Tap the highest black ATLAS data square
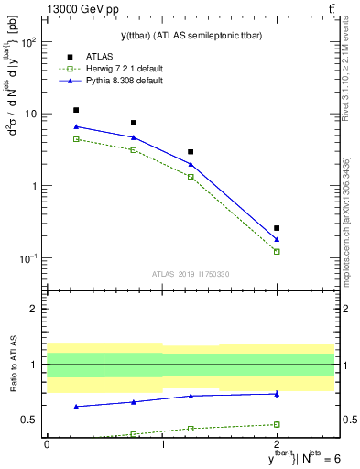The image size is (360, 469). [x=76, y=110]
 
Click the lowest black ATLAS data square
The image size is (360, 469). [x=277, y=228]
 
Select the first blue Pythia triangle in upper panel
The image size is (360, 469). [x=76, y=126]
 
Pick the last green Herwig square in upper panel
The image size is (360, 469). [x=277, y=251]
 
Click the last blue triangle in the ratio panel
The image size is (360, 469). [x=277, y=394]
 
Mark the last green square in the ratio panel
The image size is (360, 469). [x=277, y=424]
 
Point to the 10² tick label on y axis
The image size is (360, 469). [x=27, y=43]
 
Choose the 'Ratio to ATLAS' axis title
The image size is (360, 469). [x=12, y=365]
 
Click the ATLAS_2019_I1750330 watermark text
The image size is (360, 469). [x=191, y=274]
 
